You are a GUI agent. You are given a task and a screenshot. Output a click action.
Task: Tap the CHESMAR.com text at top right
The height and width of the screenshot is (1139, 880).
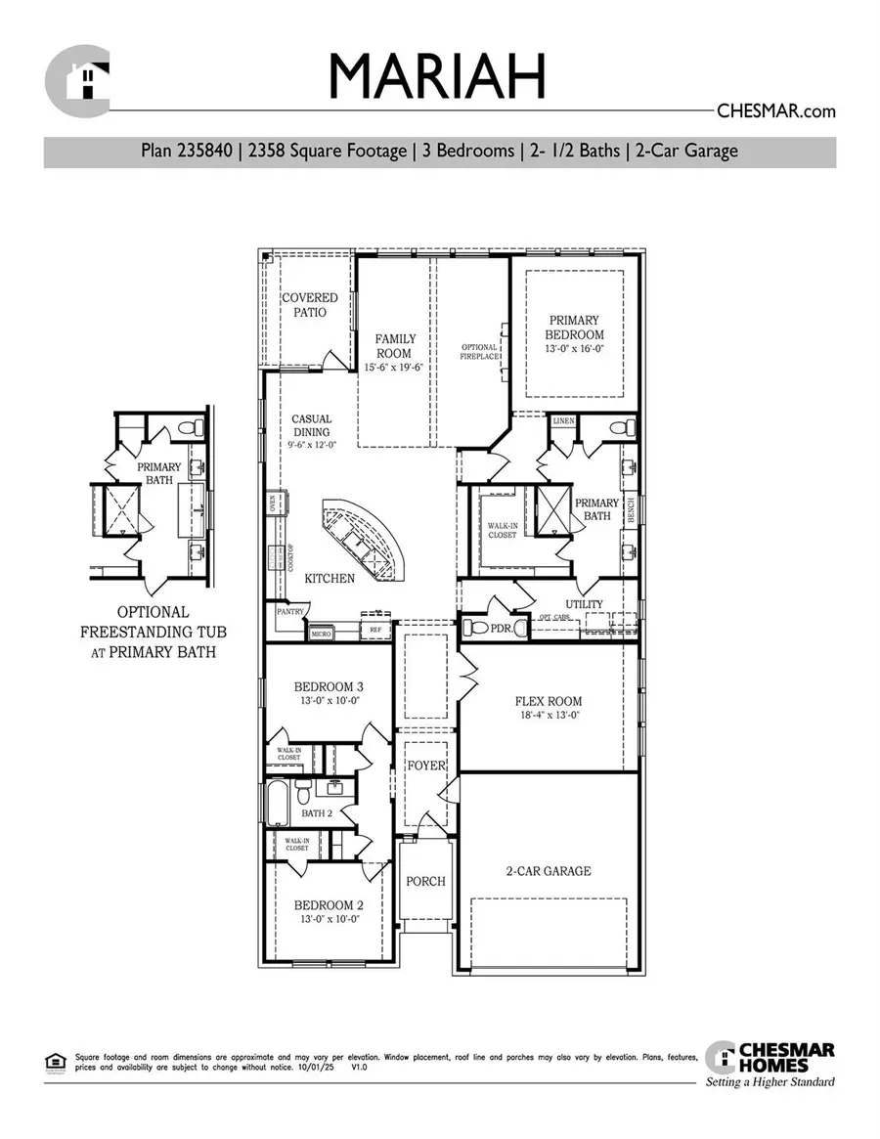tap(776, 111)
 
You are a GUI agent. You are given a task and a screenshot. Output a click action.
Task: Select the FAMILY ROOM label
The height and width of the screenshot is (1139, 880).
tap(394, 346)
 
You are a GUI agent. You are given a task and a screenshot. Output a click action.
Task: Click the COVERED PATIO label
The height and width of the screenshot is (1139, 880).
tap(309, 305)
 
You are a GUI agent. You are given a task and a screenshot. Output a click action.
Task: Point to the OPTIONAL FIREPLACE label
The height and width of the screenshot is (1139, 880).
tap(480, 352)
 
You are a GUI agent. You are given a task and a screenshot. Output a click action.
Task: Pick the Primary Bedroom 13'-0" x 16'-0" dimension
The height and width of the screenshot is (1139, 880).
tap(575, 349)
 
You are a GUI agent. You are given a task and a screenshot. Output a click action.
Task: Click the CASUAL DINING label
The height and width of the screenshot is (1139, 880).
tap(311, 426)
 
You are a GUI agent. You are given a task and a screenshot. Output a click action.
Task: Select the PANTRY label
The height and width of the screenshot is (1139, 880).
tap(291, 612)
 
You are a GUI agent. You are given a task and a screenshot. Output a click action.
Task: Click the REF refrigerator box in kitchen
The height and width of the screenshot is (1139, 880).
tap(374, 632)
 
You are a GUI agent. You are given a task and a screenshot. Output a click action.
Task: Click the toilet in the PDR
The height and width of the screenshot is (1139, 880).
tap(473, 627)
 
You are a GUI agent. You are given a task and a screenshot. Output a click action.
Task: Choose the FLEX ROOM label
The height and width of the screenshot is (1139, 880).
tap(549, 701)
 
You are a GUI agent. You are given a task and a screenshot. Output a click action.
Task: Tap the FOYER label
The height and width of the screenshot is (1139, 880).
tap(426, 766)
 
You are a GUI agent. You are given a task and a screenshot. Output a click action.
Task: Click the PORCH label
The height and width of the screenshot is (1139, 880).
tap(425, 881)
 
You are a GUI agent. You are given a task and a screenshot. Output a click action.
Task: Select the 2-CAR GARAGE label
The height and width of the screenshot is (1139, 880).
tap(548, 871)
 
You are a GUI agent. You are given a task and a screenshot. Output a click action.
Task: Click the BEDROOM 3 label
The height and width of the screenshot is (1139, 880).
tap(329, 686)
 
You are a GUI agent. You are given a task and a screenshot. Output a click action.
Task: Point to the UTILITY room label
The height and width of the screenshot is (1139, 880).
tap(584, 604)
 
